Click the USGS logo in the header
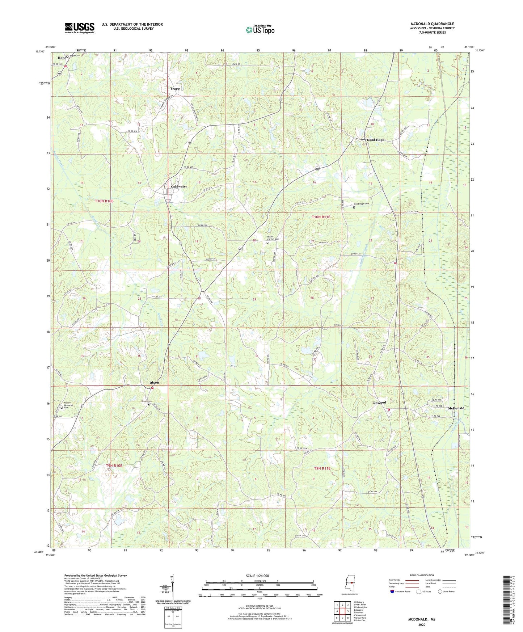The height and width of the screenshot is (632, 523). [79, 28]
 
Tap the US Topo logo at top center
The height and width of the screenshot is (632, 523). [260, 30]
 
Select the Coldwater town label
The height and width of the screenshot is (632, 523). [179, 186]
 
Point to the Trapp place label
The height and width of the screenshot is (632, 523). [175, 88]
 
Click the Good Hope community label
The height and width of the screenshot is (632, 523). [375, 140]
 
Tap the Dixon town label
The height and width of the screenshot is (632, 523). [154, 383]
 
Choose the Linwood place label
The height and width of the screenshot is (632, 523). [379, 403]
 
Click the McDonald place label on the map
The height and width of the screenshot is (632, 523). [456, 408]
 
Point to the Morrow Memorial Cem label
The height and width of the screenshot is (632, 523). [68, 405]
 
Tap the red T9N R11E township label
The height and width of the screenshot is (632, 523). [322, 468]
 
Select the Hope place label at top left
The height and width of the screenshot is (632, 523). [62, 58]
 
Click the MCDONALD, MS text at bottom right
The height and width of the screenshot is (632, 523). [422, 619]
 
